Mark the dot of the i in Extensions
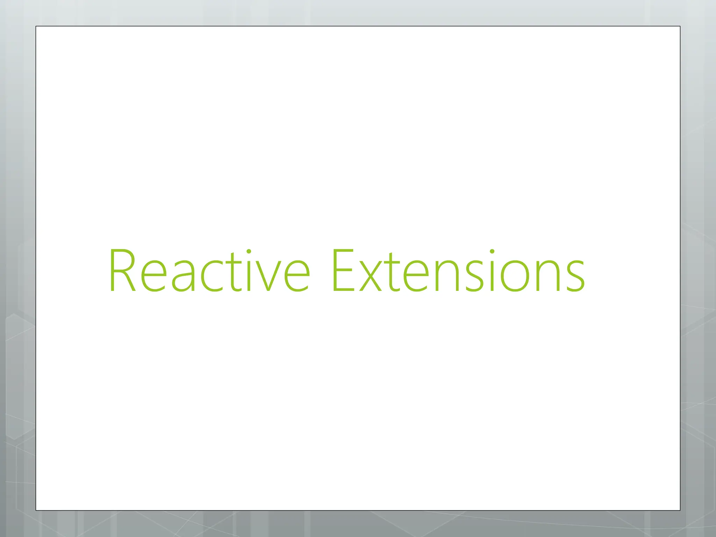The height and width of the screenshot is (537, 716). coord(492,251)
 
